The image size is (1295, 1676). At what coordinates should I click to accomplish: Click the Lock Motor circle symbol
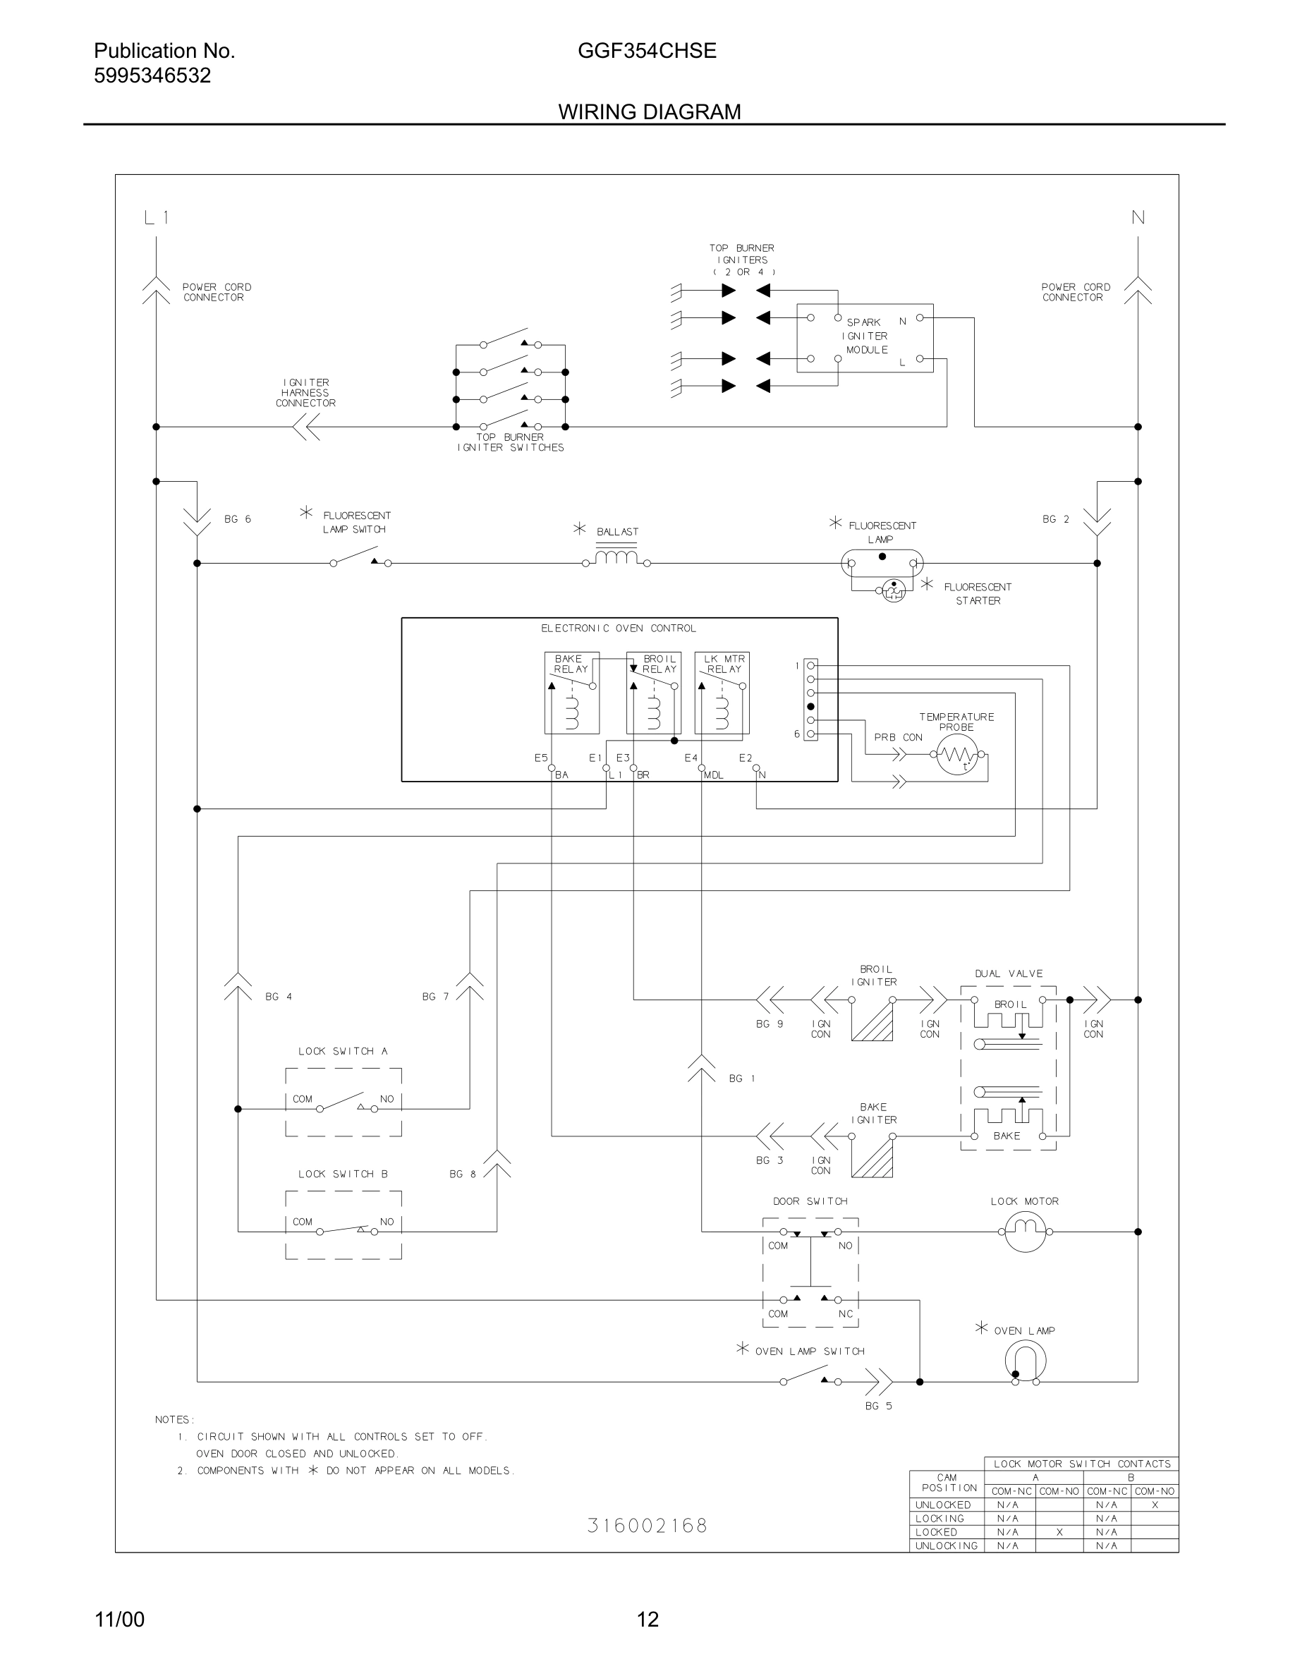pyautogui.click(x=1025, y=1232)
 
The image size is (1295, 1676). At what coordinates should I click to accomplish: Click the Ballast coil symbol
pyautogui.click(x=616, y=556)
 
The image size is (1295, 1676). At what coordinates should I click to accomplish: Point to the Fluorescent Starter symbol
pyautogui.click(x=894, y=590)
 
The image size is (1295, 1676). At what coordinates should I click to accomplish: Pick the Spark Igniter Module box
pyautogui.click(x=865, y=338)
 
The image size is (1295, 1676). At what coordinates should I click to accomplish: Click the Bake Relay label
pyautogui.click(x=570, y=664)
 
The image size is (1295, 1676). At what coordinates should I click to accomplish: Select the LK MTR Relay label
pyautogui.click(x=724, y=664)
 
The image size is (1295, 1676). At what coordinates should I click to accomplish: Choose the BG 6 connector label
pyautogui.click(x=237, y=520)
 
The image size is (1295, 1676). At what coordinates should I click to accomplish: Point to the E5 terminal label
pyautogui.click(x=541, y=758)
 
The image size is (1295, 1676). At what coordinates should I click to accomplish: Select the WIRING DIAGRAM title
pyautogui.click(x=649, y=112)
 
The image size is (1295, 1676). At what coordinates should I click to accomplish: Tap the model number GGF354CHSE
pyautogui.click(x=647, y=51)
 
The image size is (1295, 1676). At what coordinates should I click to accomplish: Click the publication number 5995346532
pyautogui.click(x=152, y=76)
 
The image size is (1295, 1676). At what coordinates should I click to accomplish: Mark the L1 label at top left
pyautogui.click(x=157, y=218)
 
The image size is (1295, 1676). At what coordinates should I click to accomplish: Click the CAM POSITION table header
pyautogui.click(x=947, y=1482)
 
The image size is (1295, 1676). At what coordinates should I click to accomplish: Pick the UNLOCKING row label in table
pyautogui.click(x=946, y=1546)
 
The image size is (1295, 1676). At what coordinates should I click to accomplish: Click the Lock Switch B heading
pyautogui.click(x=343, y=1174)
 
